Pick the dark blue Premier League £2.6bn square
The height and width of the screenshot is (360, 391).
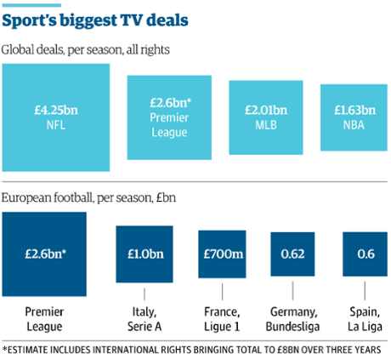tap(44, 254)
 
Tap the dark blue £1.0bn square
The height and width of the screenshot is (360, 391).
tap(144, 254)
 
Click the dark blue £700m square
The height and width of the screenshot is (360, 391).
tap(221, 254)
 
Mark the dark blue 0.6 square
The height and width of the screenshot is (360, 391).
tap(358, 254)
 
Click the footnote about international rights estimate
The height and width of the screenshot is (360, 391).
tap(195, 348)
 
